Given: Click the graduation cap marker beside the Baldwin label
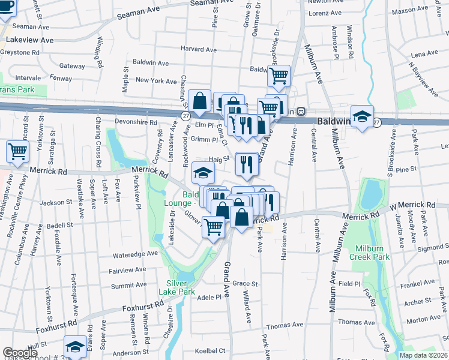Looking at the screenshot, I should [362, 117].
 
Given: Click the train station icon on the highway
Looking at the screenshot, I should [302, 112].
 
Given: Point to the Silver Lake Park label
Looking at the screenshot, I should [178, 287].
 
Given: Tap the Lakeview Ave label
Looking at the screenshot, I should [29, 40].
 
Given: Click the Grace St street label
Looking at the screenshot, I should [245, 283].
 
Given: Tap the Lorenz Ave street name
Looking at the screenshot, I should [325, 12].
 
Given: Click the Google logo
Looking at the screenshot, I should [20, 353].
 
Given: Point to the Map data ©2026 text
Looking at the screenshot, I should [423, 355].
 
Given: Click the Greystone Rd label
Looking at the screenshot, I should [19, 52].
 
